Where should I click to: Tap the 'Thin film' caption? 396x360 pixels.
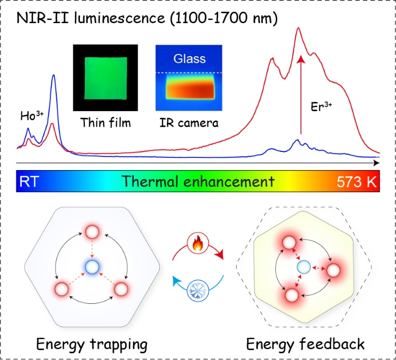[x=105, y=123]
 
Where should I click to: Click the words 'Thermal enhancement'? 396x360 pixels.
[x=198, y=181]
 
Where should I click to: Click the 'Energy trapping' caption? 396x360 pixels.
[x=91, y=345]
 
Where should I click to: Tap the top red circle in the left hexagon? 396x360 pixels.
[x=92, y=231]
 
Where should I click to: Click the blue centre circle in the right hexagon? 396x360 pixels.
[x=303, y=267]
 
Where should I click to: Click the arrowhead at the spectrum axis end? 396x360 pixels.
[x=376, y=163]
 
